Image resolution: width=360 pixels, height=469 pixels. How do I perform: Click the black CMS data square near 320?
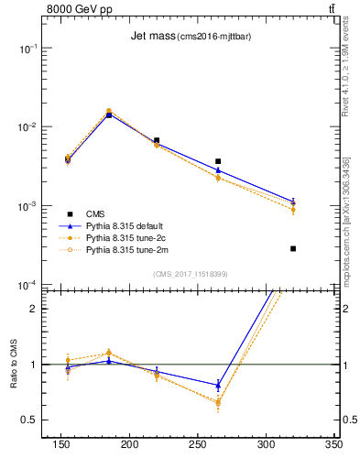(x=293, y=248)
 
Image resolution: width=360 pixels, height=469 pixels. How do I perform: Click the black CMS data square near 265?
(x=218, y=161)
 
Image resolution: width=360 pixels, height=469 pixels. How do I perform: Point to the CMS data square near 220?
(x=157, y=140)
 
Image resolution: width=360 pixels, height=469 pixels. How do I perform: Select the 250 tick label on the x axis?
(x=198, y=444)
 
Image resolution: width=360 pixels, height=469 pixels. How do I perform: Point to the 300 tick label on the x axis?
(x=266, y=444)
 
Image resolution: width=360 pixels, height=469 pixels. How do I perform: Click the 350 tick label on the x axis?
(x=333, y=444)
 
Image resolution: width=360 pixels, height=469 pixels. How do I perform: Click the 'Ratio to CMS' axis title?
(x=14, y=365)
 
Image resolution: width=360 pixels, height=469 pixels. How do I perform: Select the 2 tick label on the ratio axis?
(x=34, y=309)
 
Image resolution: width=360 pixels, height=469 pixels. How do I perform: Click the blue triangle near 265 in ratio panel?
(x=218, y=385)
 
